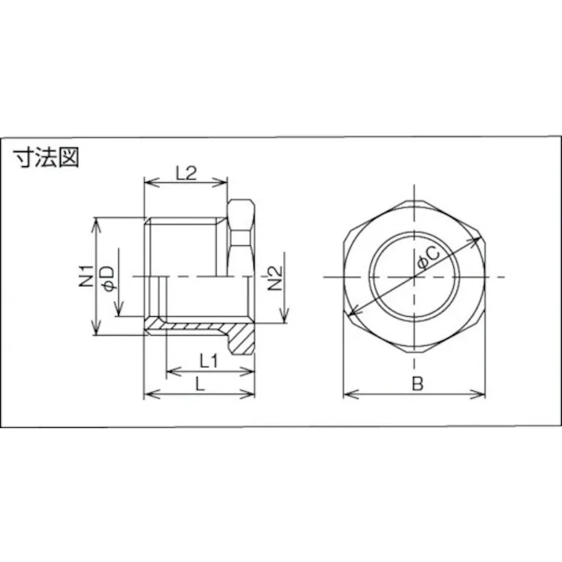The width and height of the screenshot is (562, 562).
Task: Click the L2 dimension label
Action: point(185,173)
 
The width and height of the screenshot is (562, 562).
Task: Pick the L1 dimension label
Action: point(208,361)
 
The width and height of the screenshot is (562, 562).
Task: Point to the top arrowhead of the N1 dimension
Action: point(98,221)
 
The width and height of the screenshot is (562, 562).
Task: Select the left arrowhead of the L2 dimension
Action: point(147,184)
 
